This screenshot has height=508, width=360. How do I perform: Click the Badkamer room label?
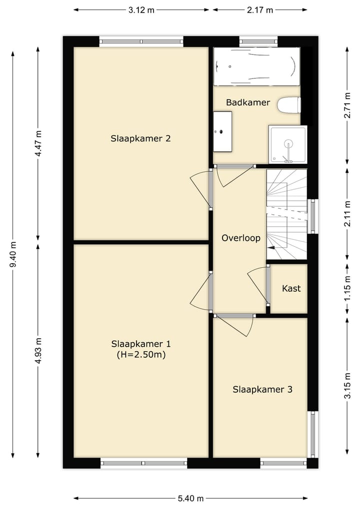coord(248,102)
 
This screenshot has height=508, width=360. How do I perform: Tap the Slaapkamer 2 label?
coord(140,138)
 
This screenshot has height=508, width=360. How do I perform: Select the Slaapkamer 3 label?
coord(262,389)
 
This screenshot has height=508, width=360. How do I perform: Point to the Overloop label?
coord(241,238)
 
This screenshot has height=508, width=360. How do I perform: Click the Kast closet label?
coord(291,288)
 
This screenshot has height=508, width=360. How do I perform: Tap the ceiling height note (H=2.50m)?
coord(141,355)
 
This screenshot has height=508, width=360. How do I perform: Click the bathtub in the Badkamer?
coord(256,67)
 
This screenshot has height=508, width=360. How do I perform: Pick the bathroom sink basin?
coord(222,131)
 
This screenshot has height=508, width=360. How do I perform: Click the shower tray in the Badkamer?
coord(287,144)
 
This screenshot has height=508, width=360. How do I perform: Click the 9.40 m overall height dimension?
coord(13,254)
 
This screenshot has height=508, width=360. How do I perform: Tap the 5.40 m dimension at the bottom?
coord(190,499)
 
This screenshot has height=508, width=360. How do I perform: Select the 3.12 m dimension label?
coord(141,10)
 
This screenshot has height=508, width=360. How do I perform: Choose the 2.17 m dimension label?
coord(260,10)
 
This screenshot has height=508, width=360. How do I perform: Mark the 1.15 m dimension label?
coord(347,288)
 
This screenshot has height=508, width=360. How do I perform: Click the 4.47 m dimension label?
coord(38,143)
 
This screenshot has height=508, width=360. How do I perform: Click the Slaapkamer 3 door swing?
coord(235,326)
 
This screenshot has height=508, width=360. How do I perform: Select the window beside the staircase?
coord(312,216)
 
